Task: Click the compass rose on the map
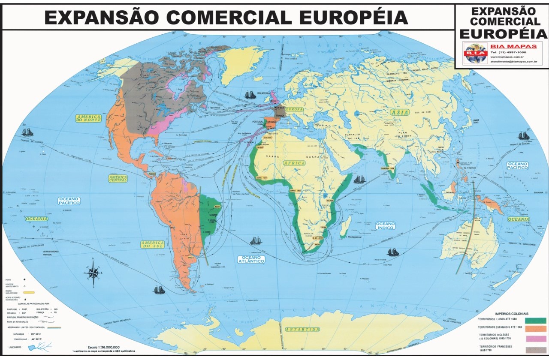93,271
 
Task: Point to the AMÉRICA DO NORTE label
88,119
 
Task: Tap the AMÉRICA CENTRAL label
118,179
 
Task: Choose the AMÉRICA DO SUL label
152,245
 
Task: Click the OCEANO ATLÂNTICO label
251,259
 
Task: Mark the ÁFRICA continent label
294,163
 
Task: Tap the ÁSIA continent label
399,112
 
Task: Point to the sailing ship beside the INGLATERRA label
250,94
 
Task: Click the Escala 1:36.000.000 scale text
103,347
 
